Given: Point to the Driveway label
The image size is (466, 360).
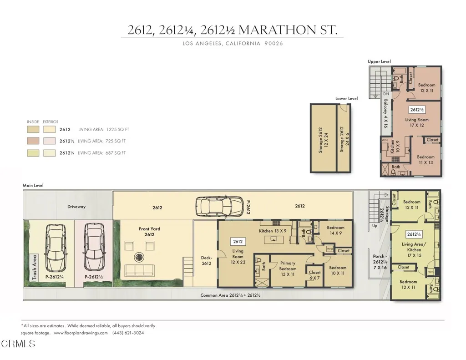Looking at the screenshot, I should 76,207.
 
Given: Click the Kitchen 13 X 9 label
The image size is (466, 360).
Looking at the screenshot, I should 272,231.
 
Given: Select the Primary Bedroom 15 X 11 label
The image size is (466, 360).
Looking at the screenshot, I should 288,266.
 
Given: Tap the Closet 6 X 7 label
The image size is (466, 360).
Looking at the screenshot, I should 314,275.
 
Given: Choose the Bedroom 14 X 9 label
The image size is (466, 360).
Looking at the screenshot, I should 335,230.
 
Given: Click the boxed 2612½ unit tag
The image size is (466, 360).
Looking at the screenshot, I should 416,110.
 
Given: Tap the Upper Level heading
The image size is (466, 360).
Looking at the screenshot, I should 379,61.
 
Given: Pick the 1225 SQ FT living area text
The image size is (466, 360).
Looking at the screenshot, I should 113,130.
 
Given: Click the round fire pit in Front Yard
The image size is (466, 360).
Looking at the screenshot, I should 137,257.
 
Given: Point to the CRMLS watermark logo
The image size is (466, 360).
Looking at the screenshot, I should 19,344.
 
